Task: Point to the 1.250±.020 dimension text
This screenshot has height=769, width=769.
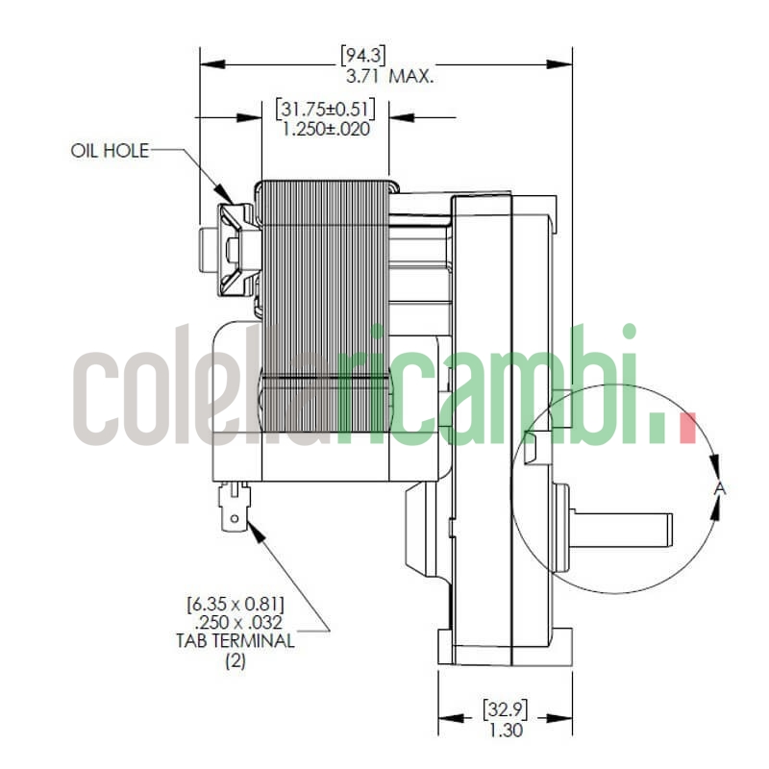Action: (325, 128)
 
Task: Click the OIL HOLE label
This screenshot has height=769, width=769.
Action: (110, 151)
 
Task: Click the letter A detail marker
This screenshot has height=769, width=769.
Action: (720, 490)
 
